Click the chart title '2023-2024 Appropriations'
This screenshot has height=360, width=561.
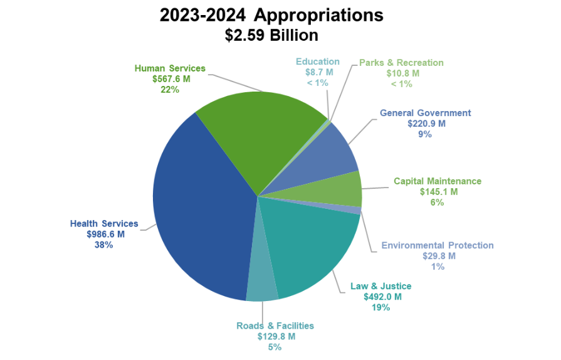pyautogui.click(x=271, y=15)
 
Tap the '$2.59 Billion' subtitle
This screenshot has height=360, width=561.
pyautogui.click(x=271, y=35)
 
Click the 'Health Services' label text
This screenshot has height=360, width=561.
pyautogui.click(x=104, y=224)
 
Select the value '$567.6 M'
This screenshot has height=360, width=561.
pyautogui.click(x=170, y=79)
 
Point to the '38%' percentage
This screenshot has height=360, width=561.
pyautogui.click(x=103, y=245)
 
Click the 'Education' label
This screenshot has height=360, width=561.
pyautogui.click(x=318, y=61)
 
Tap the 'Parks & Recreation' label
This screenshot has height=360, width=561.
pyautogui.click(x=401, y=63)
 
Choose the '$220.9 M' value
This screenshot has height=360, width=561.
pyautogui.click(x=425, y=124)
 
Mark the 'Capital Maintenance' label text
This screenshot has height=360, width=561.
pyautogui.click(x=438, y=181)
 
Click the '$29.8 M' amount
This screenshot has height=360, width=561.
pyautogui.click(x=438, y=256)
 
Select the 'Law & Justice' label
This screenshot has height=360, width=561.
pyautogui.click(x=381, y=286)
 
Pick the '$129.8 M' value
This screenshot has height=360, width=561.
pyautogui.click(x=275, y=336)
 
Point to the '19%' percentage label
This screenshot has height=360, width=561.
pyautogui.click(x=380, y=307)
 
